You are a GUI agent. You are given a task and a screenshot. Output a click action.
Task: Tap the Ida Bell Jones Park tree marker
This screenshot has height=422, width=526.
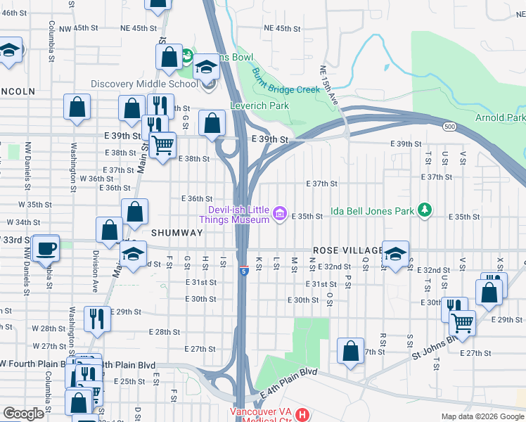[424, 210]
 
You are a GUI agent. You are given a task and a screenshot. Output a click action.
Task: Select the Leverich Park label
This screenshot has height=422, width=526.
[259, 105]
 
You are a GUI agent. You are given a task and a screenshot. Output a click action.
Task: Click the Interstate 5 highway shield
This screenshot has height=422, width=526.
[243, 270]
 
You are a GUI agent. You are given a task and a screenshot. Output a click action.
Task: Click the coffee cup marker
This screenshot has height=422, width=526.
[46, 248]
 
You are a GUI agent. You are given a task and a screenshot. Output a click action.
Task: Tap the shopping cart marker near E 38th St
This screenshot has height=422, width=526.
[163, 145]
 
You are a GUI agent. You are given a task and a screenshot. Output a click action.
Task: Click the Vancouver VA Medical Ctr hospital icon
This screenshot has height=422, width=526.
[302, 414]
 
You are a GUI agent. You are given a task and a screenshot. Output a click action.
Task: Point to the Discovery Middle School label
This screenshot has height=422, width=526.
[145, 84]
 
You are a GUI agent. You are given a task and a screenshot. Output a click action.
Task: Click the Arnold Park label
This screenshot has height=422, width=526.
[500, 117]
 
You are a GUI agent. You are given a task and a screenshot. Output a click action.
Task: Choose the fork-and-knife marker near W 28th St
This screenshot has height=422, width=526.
[96, 317]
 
